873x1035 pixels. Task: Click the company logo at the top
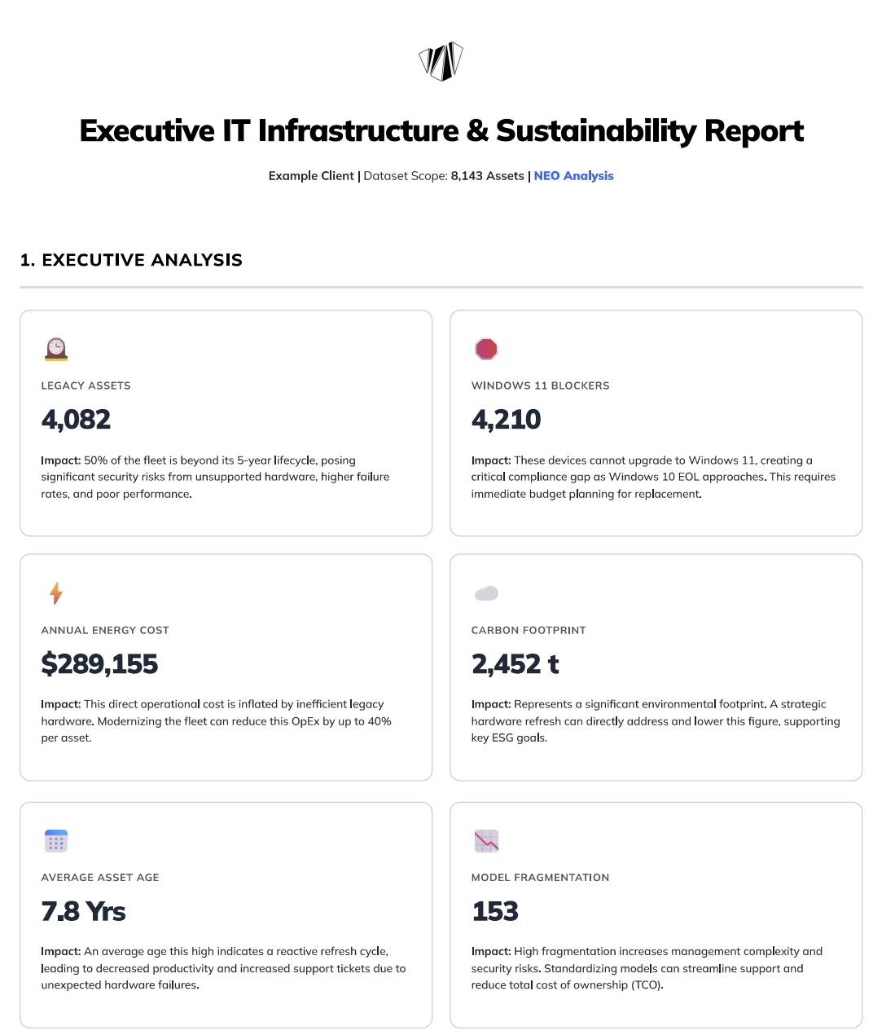point(441,61)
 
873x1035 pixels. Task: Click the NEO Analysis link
point(573,176)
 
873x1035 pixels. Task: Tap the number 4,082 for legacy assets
point(76,420)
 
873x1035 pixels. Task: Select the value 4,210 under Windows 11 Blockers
point(506,420)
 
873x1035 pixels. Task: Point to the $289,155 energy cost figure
point(99,664)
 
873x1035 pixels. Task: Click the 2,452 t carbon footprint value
point(515,664)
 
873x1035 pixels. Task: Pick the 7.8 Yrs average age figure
point(83,911)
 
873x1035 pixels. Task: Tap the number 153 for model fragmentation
point(495,911)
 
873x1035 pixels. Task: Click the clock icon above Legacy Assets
point(55,349)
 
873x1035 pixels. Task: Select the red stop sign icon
point(486,349)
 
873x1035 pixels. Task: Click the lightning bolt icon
point(55,593)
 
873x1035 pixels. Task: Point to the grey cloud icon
point(486,593)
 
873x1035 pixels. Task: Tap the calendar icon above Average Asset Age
point(55,840)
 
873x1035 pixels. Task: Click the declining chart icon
point(486,840)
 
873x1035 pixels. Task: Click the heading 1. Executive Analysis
point(131,260)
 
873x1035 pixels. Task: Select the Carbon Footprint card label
point(529,630)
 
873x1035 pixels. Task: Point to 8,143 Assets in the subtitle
point(487,176)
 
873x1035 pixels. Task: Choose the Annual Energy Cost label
point(105,630)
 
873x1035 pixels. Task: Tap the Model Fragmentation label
point(540,878)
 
